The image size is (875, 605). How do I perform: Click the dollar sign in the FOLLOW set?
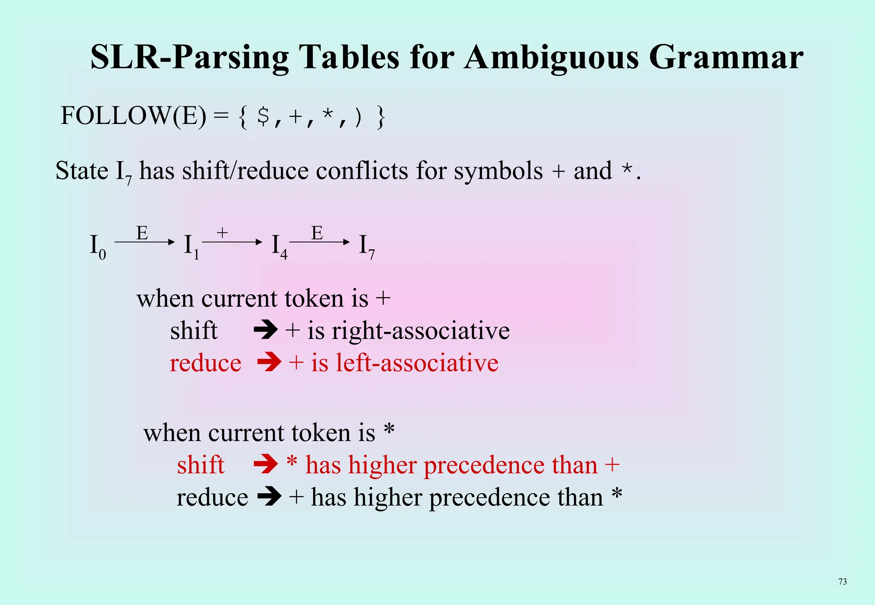point(263,116)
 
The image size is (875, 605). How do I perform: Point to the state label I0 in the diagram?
point(97,247)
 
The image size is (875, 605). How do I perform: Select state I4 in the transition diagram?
point(279,247)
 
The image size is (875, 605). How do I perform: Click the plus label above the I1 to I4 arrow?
point(222,233)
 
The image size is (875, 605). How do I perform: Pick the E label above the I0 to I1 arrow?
point(142,233)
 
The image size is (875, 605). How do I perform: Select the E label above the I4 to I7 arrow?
point(317,233)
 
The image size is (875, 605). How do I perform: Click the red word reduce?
point(206,363)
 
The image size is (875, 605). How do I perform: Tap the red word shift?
point(200,465)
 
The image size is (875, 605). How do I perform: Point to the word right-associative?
point(420,331)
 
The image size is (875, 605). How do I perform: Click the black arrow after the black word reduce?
point(269,497)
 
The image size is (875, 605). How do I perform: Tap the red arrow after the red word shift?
point(265,465)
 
